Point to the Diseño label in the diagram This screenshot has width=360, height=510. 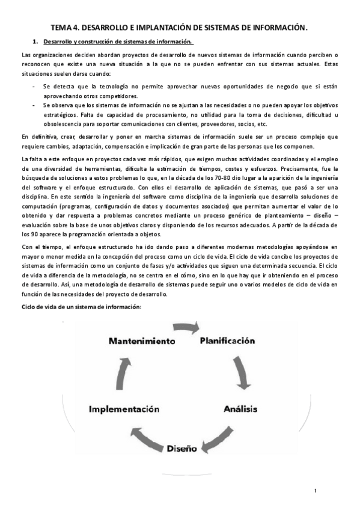pos(182,448)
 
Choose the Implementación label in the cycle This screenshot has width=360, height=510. pos(124,409)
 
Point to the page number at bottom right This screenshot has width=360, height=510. pos(314,492)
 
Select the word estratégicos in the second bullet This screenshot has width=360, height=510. pos(62,115)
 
